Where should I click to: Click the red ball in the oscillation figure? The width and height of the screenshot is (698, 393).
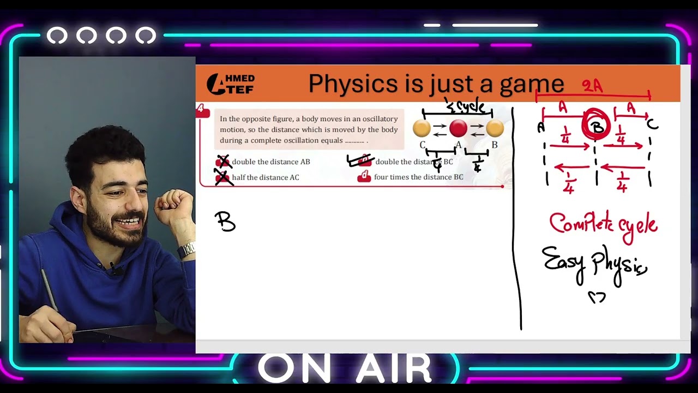(x=458, y=128)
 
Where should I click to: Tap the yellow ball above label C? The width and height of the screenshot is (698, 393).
(x=422, y=128)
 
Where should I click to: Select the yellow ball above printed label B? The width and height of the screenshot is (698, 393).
(x=495, y=128)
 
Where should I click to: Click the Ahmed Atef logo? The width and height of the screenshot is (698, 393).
(x=230, y=85)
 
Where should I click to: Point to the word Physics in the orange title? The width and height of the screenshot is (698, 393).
(x=353, y=84)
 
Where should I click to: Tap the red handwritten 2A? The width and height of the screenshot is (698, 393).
(x=592, y=86)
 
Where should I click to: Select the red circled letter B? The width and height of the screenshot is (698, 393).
(x=598, y=126)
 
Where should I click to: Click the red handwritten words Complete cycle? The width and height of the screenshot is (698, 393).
(x=603, y=224)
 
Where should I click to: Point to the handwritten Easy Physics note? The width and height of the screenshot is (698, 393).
(x=594, y=263)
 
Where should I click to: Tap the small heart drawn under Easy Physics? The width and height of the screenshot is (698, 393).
(x=597, y=297)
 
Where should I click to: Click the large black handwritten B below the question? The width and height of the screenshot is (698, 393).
(x=225, y=222)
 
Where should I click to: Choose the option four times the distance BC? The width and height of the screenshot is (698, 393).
(x=418, y=177)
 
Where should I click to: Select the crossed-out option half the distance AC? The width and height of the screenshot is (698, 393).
(x=265, y=177)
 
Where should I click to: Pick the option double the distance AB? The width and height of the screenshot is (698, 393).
(x=270, y=162)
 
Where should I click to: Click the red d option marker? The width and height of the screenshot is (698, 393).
(x=364, y=177)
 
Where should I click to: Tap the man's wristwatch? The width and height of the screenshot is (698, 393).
(x=186, y=250)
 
